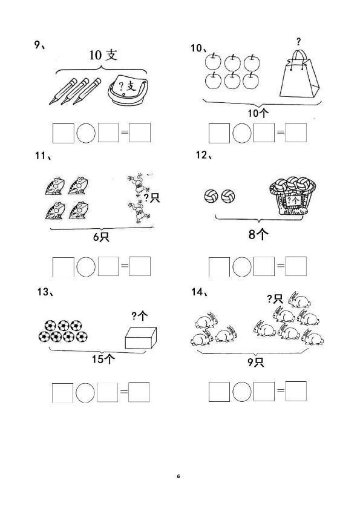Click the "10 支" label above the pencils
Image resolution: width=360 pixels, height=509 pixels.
point(103,55)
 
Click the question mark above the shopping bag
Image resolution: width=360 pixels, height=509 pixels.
point(298,42)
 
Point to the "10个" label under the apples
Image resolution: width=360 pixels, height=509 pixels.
point(258,113)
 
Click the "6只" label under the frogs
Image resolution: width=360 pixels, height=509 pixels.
point(101,237)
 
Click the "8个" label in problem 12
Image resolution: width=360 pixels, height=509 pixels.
point(258,234)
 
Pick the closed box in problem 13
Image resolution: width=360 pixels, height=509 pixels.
point(141,337)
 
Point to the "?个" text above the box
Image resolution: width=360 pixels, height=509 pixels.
point(140,315)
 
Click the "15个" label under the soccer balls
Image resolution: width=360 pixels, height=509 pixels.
point(103,359)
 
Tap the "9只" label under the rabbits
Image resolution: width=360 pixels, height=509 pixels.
point(256,362)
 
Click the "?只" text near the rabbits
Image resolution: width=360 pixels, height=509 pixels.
point(275,298)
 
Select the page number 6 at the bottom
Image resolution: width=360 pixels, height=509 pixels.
point(178,476)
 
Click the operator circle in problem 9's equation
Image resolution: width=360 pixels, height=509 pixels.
point(86,133)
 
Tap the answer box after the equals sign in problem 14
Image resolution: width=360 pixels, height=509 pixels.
point(296,391)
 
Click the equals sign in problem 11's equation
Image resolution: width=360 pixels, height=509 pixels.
point(125,266)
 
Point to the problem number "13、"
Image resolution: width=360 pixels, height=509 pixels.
point(45,292)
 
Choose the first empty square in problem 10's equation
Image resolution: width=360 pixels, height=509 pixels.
point(219,133)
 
